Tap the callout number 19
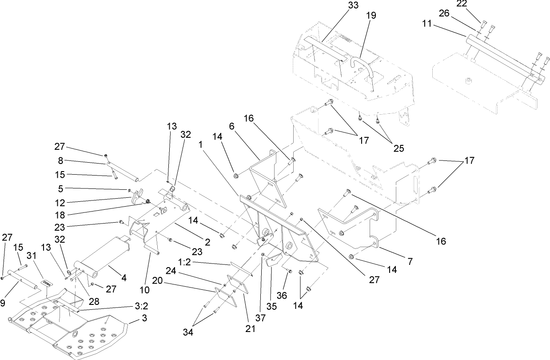(x=371, y=16)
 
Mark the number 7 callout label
(x=410, y=262)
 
